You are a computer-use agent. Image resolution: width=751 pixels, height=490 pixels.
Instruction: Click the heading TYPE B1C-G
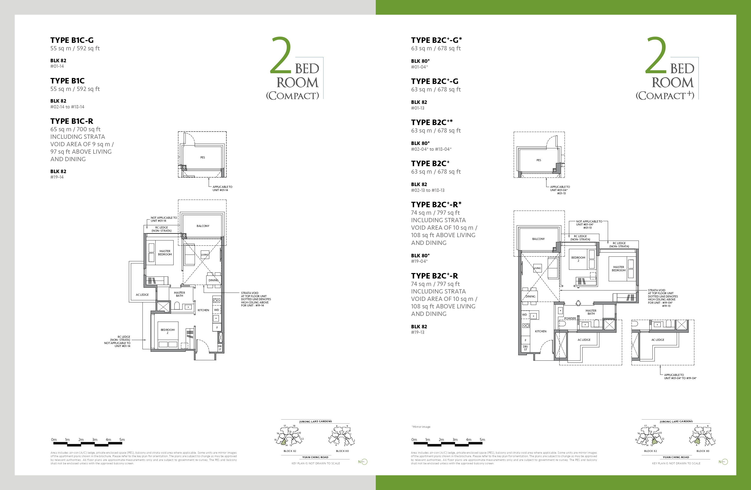[x=72, y=40]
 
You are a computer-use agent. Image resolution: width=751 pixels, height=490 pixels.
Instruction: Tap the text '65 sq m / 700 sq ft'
[x=75, y=129]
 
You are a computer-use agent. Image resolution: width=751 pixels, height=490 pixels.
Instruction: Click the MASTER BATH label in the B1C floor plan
[x=180, y=294]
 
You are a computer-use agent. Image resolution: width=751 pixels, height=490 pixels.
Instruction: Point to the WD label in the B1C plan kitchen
[x=216, y=310]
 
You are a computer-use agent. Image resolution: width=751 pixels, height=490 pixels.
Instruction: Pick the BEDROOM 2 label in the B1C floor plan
[x=168, y=331]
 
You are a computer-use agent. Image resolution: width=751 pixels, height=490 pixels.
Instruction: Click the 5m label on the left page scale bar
[x=122, y=439]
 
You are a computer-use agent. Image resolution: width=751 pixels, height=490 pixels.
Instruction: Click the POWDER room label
[x=570, y=318]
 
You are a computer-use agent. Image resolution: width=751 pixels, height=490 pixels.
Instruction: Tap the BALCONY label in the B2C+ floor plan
[x=538, y=239]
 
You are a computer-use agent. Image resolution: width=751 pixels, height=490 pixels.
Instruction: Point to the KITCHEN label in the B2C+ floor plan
[x=541, y=331]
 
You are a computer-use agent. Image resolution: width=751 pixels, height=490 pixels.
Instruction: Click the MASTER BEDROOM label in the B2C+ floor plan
[x=618, y=269]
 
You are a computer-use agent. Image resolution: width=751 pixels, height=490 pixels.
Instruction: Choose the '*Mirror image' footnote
[x=421, y=427]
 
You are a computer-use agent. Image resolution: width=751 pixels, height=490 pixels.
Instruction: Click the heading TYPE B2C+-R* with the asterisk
[x=436, y=204]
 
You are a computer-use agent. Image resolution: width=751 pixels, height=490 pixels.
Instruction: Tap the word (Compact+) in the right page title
[x=665, y=95]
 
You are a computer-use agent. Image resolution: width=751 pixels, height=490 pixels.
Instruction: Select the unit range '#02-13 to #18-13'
[x=428, y=190]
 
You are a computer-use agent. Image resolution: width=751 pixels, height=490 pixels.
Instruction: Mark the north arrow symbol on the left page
[x=363, y=462]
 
